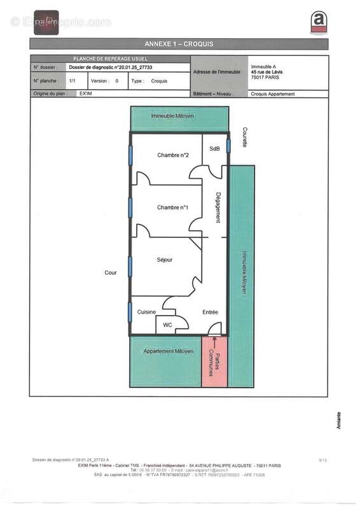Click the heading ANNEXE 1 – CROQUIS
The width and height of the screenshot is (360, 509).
[179, 44]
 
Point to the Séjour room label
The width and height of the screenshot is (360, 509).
[164, 260]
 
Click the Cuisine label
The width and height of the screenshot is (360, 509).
[147, 312]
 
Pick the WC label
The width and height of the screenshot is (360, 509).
[167, 325]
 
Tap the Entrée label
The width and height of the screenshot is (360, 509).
[210, 312]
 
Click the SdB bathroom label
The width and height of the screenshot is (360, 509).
[214, 148]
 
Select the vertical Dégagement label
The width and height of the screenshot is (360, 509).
[218, 207]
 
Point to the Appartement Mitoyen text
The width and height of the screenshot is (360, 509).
[168, 351]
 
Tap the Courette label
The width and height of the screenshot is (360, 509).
[244, 137]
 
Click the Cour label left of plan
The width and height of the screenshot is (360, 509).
[111, 272]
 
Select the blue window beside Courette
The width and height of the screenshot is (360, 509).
[228, 146]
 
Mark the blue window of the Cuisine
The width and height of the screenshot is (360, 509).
[130, 312]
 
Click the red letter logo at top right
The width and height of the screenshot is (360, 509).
[318, 22]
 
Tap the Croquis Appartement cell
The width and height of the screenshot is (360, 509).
[273, 94]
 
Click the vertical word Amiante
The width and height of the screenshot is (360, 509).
[338, 419]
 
